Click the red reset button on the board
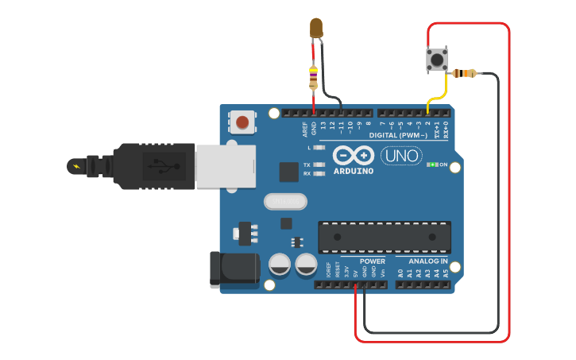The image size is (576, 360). [242, 122]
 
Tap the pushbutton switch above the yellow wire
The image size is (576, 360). [436, 59]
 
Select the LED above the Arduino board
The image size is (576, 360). [316, 28]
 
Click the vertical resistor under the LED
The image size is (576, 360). [314, 77]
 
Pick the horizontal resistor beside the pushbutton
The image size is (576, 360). [463, 74]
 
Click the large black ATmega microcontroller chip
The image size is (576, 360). [385, 238]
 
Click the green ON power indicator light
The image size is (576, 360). [432, 165]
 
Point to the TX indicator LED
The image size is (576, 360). [319, 165]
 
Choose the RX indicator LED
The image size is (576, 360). [319, 172]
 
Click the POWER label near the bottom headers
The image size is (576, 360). [372, 261]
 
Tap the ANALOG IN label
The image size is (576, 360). [427, 261]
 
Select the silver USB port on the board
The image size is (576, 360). [225, 166]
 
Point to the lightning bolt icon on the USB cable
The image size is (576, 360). [76, 166]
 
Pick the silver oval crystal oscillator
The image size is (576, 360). [284, 203]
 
